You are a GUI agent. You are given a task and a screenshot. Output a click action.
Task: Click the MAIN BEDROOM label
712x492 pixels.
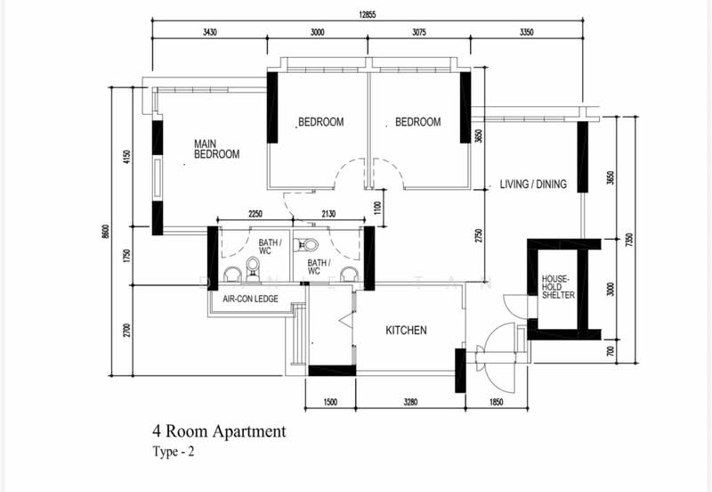point(216,149)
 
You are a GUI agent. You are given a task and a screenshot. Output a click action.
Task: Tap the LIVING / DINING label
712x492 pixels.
point(533,184)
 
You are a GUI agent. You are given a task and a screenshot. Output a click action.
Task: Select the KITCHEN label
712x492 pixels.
point(406,330)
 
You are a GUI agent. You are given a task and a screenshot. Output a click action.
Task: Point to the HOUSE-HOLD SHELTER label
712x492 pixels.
point(558,287)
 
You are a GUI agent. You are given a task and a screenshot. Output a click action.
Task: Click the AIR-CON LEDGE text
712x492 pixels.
point(250,299)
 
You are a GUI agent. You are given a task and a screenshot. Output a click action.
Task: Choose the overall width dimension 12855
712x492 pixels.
point(368,14)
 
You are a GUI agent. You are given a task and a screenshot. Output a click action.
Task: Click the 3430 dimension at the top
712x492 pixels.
point(209,32)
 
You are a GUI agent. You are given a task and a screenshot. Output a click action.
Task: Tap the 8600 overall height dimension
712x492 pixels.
point(105,232)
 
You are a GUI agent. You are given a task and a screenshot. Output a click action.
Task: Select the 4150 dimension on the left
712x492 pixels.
point(126,157)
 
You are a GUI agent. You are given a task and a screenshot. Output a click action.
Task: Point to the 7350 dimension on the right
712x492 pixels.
point(629,240)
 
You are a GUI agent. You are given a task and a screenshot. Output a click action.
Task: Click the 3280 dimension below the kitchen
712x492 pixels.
point(410,402)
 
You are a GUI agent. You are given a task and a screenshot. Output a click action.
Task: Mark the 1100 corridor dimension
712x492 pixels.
point(377,208)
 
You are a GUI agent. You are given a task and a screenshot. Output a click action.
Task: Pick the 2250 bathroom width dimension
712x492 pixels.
point(255,214)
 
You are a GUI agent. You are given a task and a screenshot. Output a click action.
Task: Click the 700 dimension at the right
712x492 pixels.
point(611,351)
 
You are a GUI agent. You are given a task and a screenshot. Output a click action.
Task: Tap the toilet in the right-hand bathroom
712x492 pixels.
point(305,245)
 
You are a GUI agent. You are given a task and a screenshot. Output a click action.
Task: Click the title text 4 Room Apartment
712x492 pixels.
point(219,431)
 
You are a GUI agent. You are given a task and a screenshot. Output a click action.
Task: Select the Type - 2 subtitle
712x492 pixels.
point(174,452)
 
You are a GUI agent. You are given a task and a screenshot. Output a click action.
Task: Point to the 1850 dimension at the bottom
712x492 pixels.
point(497,402)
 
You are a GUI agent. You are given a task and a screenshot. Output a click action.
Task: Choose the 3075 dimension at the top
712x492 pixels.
point(418,32)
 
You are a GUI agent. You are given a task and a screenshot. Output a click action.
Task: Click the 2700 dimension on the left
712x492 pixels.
point(126,330)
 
